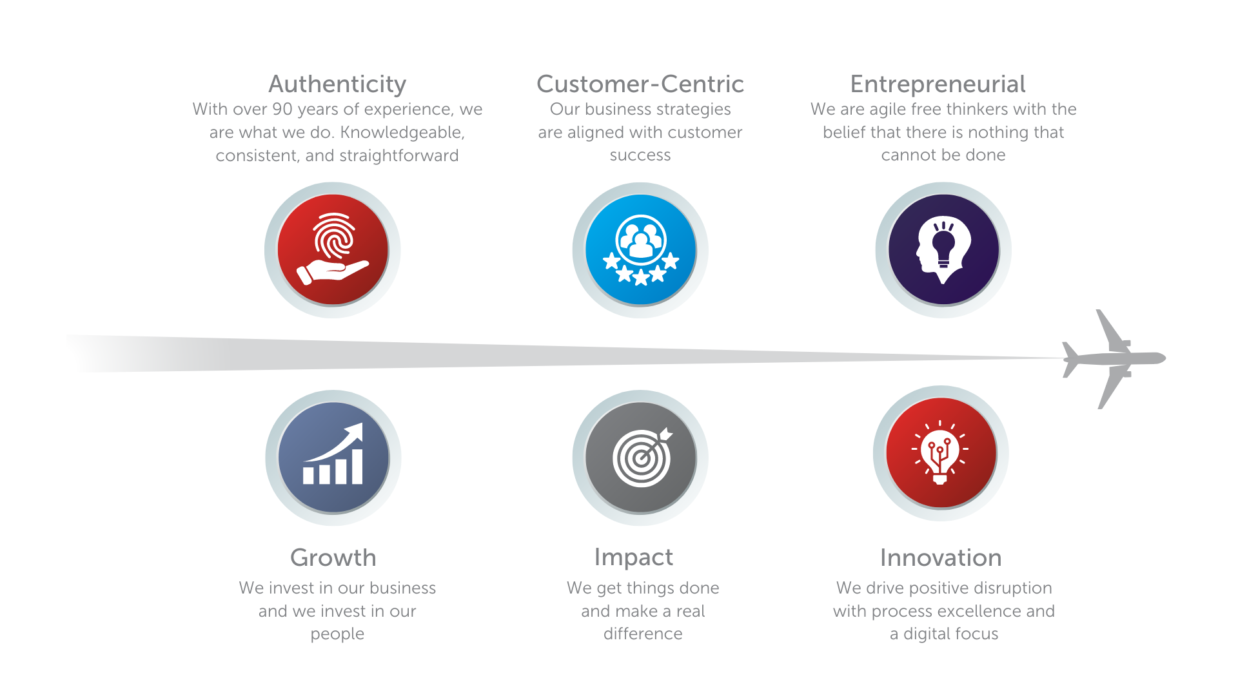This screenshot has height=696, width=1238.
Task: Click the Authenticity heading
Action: (x=337, y=84)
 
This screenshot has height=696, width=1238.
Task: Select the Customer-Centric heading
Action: (x=640, y=84)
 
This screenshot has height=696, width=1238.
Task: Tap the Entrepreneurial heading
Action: (x=938, y=84)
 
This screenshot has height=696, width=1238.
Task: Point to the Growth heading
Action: (x=333, y=557)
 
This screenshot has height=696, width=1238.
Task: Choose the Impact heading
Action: (x=633, y=557)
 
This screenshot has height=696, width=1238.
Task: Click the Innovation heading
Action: (x=941, y=557)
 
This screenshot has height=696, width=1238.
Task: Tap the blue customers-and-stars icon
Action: (x=640, y=249)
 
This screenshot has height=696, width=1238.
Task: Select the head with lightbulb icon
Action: (x=943, y=249)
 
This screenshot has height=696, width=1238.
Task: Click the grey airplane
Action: (x=1114, y=358)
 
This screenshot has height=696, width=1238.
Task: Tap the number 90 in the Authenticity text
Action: (x=283, y=109)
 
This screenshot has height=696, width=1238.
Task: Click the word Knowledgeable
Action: (x=402, y=132)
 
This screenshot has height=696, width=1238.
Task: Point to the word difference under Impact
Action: (x=643, y=633)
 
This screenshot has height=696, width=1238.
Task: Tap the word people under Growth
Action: (x=337, y=634)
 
